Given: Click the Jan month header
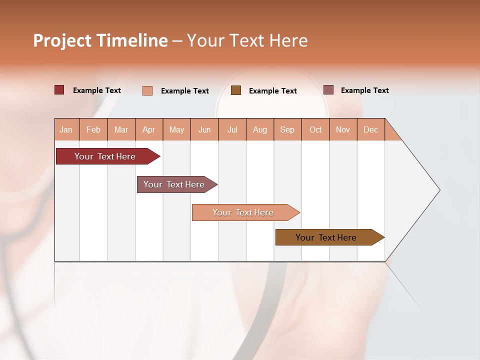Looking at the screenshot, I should point(66,129).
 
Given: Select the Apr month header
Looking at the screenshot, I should point(148,129).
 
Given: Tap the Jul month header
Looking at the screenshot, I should point(232,129).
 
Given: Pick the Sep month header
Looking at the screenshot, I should point(287,129).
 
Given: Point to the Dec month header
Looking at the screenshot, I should point(370,129).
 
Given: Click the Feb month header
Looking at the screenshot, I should point(93,129).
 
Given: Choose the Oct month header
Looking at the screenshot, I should point(315,129).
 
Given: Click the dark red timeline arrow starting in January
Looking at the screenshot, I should point(105,156).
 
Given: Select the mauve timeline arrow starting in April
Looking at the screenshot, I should point(174,184).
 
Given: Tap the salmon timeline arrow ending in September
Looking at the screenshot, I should point(243,212).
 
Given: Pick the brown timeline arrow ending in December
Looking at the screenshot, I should point(326,237).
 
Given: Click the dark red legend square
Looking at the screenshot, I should point(59,90).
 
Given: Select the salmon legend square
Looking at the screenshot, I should point(147,90).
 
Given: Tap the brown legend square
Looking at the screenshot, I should point(236,90).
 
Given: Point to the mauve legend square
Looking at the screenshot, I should point(328,90).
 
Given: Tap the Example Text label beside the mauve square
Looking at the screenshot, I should point(364,90).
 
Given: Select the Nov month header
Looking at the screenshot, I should point(343,129).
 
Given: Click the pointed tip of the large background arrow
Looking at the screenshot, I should point(438,190).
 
